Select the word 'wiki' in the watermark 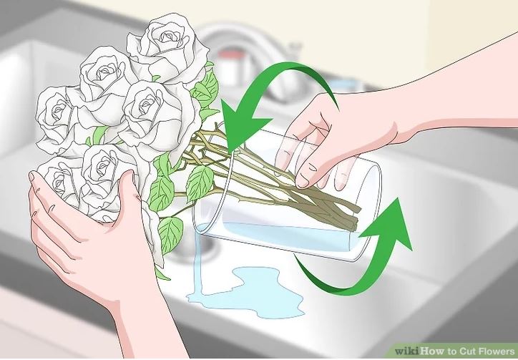point(407,351)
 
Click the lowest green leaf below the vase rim point(170,233)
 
